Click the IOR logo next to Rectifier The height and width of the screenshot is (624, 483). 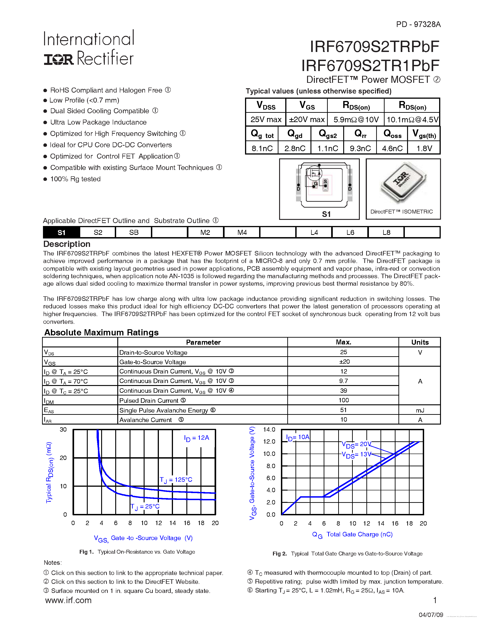click(x=58, y=59)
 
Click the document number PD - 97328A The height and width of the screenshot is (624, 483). click(x=418, y=25)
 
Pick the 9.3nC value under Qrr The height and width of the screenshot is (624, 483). click(x=360, y=148)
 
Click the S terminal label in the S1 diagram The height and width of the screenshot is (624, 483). click(x=325, y=182)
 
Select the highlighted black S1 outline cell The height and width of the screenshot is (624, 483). click(x=62, y=232)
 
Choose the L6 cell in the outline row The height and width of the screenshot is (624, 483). click(x=350, y=232)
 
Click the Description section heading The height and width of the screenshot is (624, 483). click(x=67, y=244)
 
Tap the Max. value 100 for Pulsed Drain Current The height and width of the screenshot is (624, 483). click(x=343, y=400)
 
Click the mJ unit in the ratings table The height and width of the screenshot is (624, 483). click(x=420, y=410)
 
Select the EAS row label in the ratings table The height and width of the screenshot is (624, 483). click(x=49, y=410)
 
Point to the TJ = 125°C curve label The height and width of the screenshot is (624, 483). click(x=176, y=480)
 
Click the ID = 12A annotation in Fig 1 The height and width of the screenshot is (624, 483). click(x=197, y=438)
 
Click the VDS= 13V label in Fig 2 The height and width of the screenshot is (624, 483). click(x=356, y=454)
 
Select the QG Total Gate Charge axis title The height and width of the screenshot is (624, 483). click(x=352, y=535)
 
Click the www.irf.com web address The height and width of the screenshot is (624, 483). click(x=68, y=600)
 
